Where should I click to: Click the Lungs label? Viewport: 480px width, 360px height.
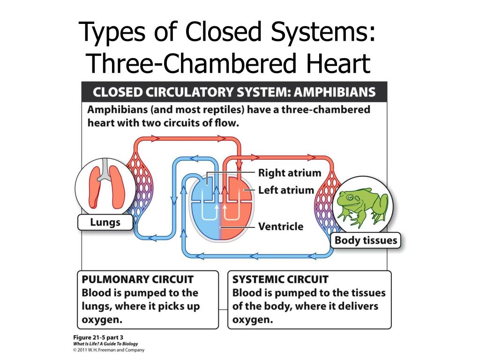click(x=105, y=222)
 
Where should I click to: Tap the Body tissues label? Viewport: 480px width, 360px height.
click(x=366, y=241)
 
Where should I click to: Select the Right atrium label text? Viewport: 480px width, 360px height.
click(x=290, y=173)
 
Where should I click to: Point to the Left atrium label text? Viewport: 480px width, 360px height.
click(x=286, y=190)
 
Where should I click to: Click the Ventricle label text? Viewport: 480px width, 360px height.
click(x=281, y=227)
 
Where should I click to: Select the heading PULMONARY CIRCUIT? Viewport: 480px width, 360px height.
click(x=138, y=280)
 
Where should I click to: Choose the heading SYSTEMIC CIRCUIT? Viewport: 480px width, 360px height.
click(x=280, y=280)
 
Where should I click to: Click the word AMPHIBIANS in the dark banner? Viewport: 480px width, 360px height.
click(x=334, y=92)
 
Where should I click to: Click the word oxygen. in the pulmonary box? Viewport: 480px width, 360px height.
click(x=102, y=320)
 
